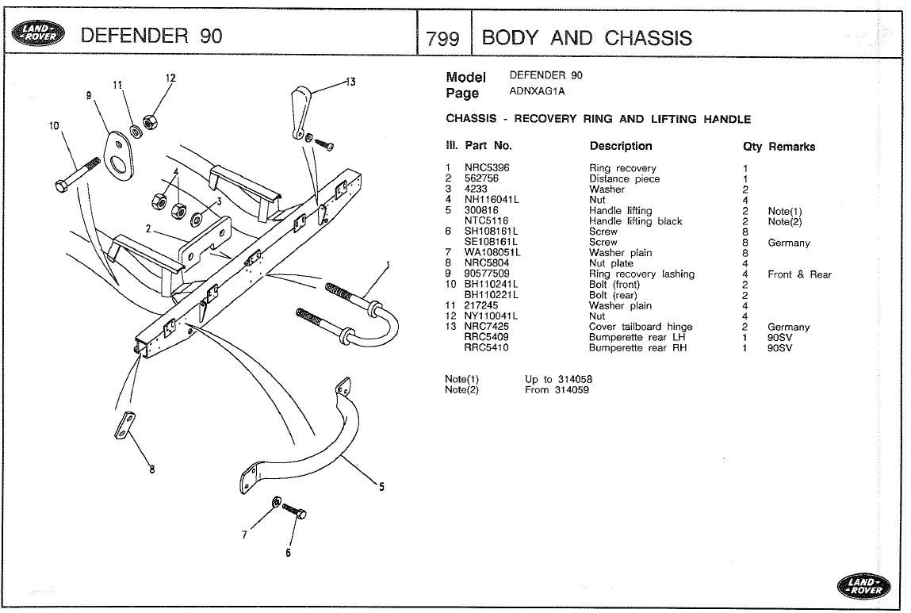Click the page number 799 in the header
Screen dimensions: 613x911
point(443,37)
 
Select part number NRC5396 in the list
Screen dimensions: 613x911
point(487,168)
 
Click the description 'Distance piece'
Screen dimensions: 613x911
point(624,179)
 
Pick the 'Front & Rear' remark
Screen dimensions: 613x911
point(799,274)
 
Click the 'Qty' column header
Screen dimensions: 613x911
point(752,147)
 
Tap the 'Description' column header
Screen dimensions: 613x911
point(621,146)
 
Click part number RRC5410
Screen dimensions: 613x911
point(486,347)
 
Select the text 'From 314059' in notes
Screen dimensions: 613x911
point(557,389)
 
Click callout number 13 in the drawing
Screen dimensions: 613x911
point(350,82)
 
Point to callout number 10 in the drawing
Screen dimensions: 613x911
point(53,125)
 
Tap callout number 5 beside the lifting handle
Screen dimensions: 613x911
point(381,487)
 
